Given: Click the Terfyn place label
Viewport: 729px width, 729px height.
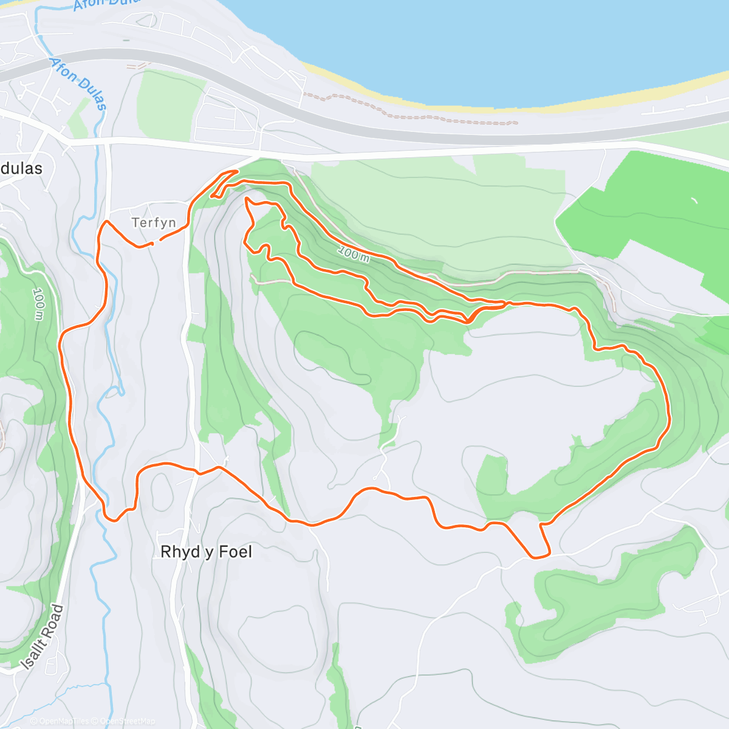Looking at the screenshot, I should (154, 223).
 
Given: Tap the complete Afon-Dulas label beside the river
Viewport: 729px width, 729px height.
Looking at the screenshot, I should (80, 84).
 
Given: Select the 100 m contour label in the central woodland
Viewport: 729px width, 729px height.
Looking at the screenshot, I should (354, 253).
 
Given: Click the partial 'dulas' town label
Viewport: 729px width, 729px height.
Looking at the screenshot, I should (21, 168).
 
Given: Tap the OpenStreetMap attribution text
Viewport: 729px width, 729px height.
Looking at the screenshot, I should (127, 721).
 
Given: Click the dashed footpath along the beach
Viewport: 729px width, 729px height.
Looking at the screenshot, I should (413, 112).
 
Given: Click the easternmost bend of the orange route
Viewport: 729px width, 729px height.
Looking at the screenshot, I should (669, 419).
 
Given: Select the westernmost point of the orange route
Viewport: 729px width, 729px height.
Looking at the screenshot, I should (60, 344).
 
